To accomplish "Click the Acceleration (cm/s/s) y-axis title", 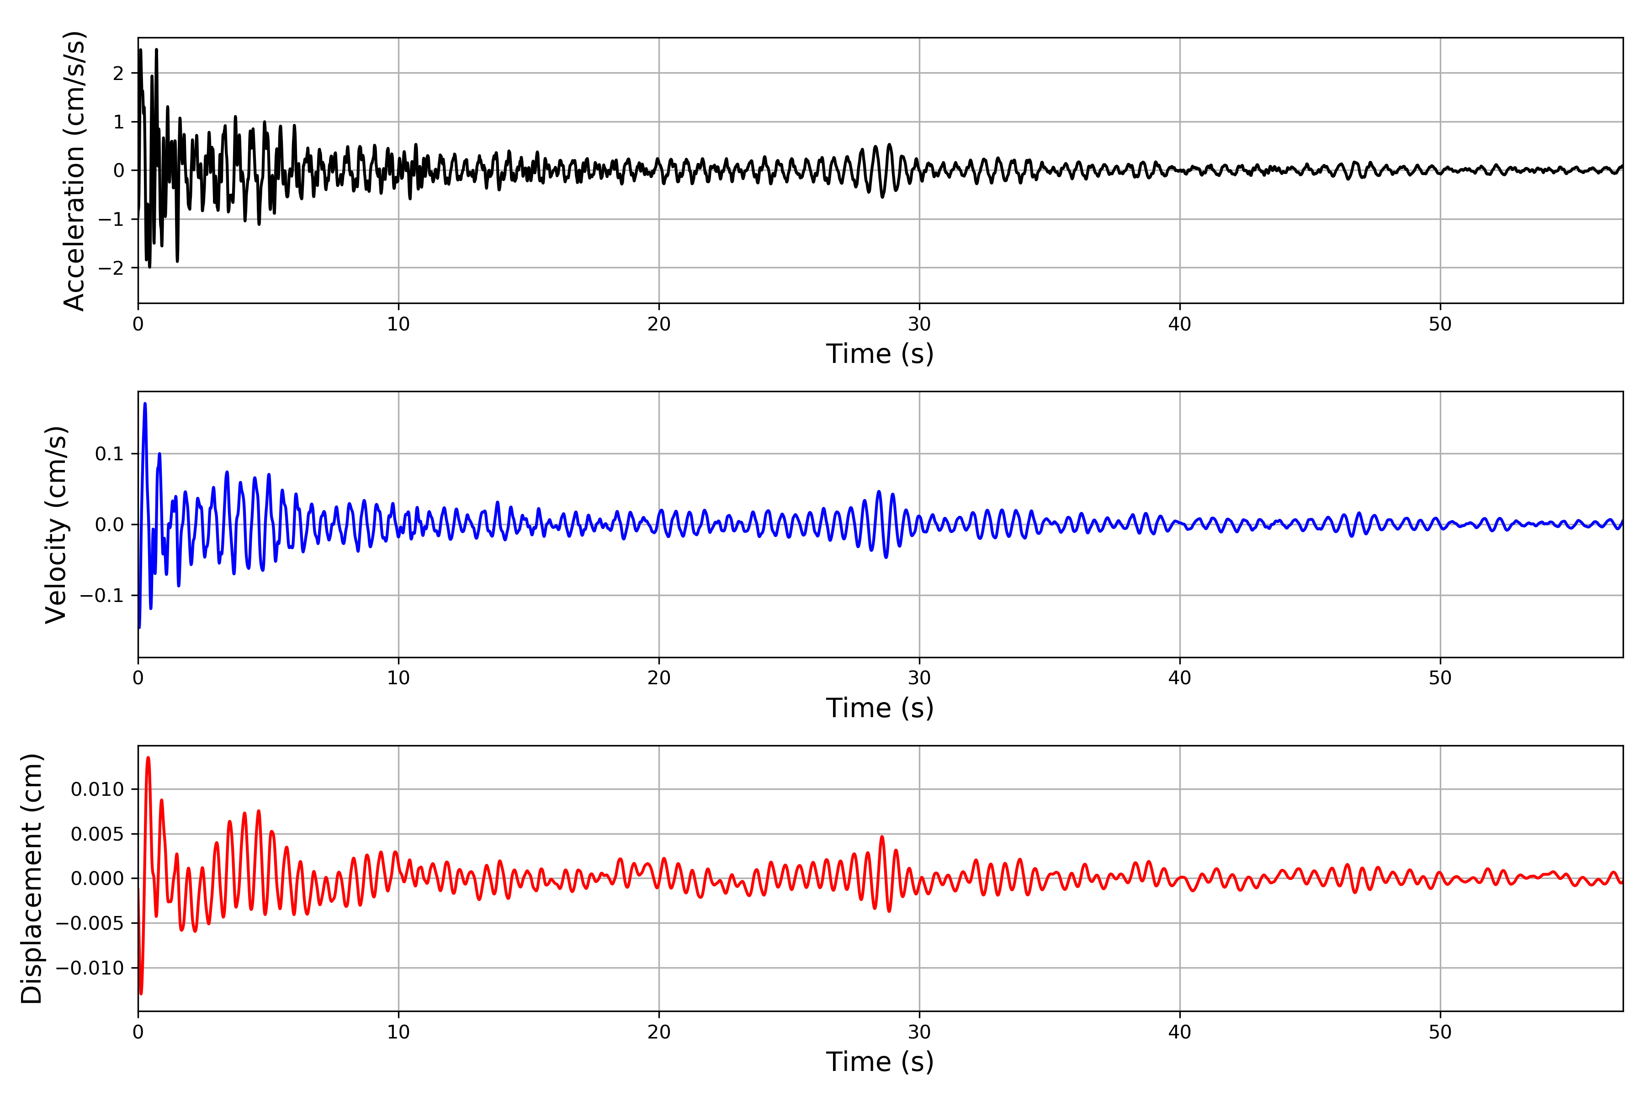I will [74, 170].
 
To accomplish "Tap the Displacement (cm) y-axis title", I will [32, 878].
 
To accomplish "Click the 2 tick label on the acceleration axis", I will [118, 74].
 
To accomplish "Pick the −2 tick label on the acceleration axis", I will [111, 268].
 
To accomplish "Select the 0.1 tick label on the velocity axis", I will [109, 454].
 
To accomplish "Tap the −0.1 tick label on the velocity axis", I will [101, 596].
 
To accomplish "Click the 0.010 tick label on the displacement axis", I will [97, 789].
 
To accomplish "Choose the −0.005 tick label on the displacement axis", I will [90, 923].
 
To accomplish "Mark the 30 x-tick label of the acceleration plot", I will [919, 324].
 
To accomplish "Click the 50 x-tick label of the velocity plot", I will [1440, 678].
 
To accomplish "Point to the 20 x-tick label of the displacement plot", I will [659, 1032].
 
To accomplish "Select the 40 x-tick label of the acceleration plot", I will [1179, 324].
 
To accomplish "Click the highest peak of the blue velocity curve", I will [145, 404].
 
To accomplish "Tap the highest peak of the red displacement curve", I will [148, 758].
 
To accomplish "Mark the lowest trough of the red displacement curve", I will [141, 993].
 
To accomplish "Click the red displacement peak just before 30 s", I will [881, 837].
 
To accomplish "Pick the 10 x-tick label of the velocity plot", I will [398, 678].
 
